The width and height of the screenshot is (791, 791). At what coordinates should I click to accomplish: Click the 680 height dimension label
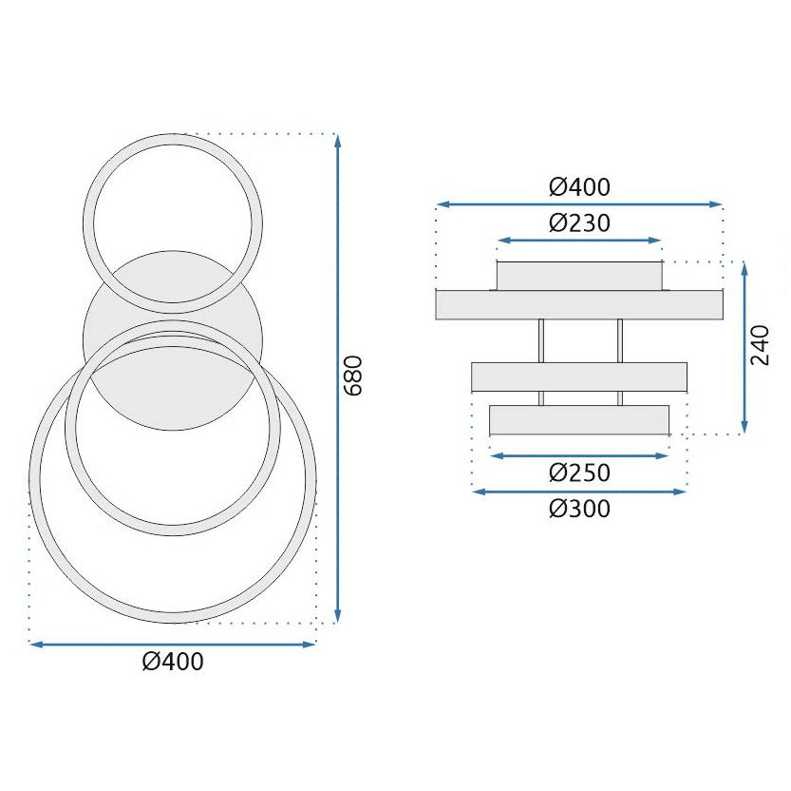click(x=353, y=376)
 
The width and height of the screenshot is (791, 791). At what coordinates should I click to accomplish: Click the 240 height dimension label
click(x=760, y=345)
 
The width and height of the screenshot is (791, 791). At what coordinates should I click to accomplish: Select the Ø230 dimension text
click(x=578, y=223)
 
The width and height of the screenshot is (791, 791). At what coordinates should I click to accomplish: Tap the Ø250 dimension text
click(x=578, y=473)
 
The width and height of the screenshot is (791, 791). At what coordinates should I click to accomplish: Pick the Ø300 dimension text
click(x=578, y=509)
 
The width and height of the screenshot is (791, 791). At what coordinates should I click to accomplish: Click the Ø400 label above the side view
click(x=578, y=186)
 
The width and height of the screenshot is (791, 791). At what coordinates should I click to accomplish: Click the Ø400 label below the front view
click(x=173, y=662)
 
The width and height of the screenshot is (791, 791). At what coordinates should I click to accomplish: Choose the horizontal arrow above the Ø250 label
click(x=578, y=455)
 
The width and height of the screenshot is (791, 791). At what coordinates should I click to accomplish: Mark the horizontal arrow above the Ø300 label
click(x=578, y=492)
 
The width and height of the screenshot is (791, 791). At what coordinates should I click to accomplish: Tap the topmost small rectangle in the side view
click(x=578, y=276)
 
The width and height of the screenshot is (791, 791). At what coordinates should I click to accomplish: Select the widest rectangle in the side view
click(x=578, y=304)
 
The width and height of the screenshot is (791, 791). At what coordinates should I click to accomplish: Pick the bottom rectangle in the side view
click(x=578, y=419)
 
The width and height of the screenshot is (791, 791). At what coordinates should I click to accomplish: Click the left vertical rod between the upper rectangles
click(x=541, y=339)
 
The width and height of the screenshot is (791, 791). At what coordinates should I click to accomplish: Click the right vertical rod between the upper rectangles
click(x=619, y=339)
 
